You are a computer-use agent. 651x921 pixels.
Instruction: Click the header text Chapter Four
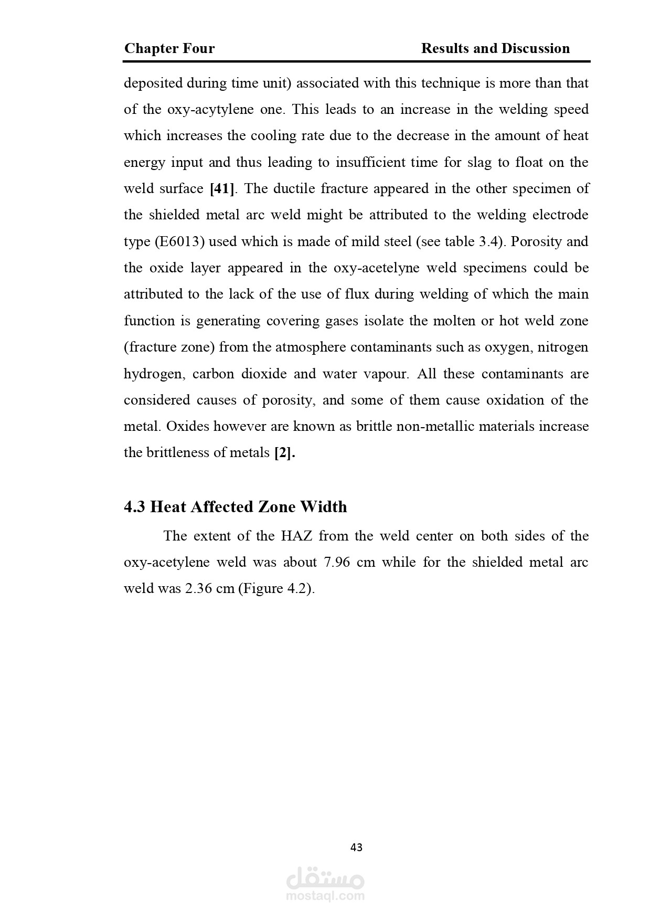[x=169, y=49]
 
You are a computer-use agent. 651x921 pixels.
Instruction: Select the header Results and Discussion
[x=495, y=49]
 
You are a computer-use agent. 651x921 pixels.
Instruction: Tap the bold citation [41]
[x=222, y=189]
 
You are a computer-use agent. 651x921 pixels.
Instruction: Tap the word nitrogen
[x=563, y=347]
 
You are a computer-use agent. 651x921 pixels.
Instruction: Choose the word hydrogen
[x=154, y=374]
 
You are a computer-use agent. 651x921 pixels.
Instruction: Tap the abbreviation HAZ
[x=296, y=536]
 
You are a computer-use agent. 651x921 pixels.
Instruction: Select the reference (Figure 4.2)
[x=276, y=589]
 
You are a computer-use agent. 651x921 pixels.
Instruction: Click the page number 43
[x=356, y=848]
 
